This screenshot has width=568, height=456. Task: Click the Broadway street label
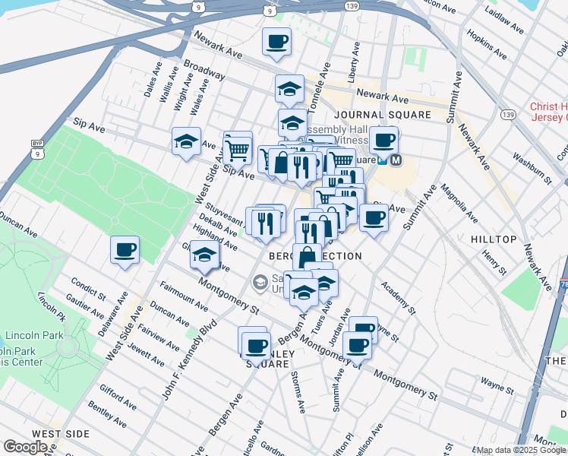[x=204, y=71]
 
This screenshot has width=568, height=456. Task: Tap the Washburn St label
[x=529, y=167]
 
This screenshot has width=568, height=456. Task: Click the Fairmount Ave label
[x=184, y=296]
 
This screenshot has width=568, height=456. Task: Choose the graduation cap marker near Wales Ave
[x=185, y=141]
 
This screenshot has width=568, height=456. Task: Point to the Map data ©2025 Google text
[x=519, y=450]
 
